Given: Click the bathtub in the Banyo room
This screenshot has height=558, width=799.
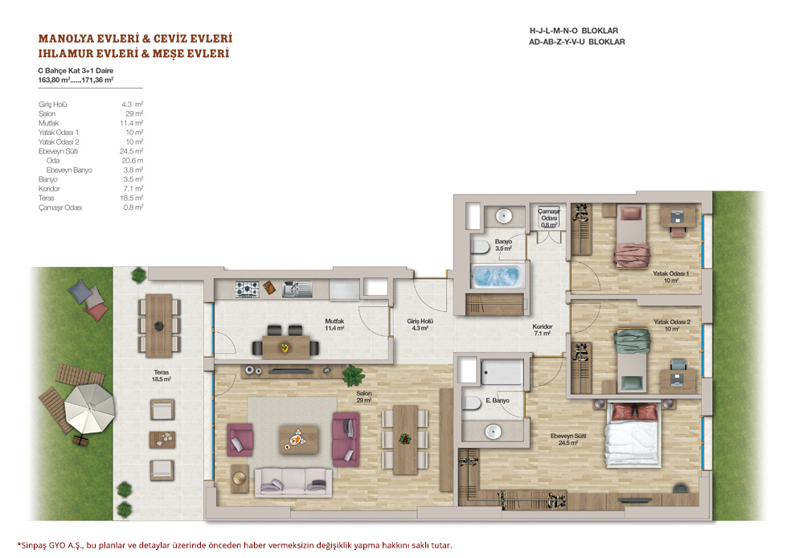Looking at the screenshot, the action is click(497, 277).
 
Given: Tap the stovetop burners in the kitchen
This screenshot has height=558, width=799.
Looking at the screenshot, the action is click(247, 289).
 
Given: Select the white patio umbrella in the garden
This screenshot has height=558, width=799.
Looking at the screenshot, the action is click(90, 408).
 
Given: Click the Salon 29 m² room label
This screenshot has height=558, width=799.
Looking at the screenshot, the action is click(364, 397).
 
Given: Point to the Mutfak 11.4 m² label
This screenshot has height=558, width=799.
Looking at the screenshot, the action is click(334, 325).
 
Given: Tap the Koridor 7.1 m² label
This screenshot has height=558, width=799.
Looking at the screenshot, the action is click(542, 330).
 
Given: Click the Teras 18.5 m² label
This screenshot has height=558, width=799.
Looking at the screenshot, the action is click(161, 375).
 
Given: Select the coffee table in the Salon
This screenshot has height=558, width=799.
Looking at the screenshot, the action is click(298, 439).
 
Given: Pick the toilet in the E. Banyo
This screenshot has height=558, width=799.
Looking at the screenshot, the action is click(473, 404).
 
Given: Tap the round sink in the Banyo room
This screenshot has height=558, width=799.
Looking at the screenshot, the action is click(504, 215).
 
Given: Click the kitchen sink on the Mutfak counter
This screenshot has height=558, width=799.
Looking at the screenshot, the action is click(297, 289).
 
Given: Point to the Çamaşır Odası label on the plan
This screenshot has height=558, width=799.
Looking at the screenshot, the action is click(549, 218).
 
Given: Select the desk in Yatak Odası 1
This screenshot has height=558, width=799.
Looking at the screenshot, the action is click(678, 216).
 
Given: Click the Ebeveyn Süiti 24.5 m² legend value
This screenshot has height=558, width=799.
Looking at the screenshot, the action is click(132, 151).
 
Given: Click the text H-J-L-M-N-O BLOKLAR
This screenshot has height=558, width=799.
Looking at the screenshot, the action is click(574, 31).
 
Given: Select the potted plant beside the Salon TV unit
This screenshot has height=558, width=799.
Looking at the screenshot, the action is click(354, 375).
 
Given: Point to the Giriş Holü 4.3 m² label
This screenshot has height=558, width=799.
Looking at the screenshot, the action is click(420, 325).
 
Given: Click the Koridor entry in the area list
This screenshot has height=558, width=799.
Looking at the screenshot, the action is click(49, 189).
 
